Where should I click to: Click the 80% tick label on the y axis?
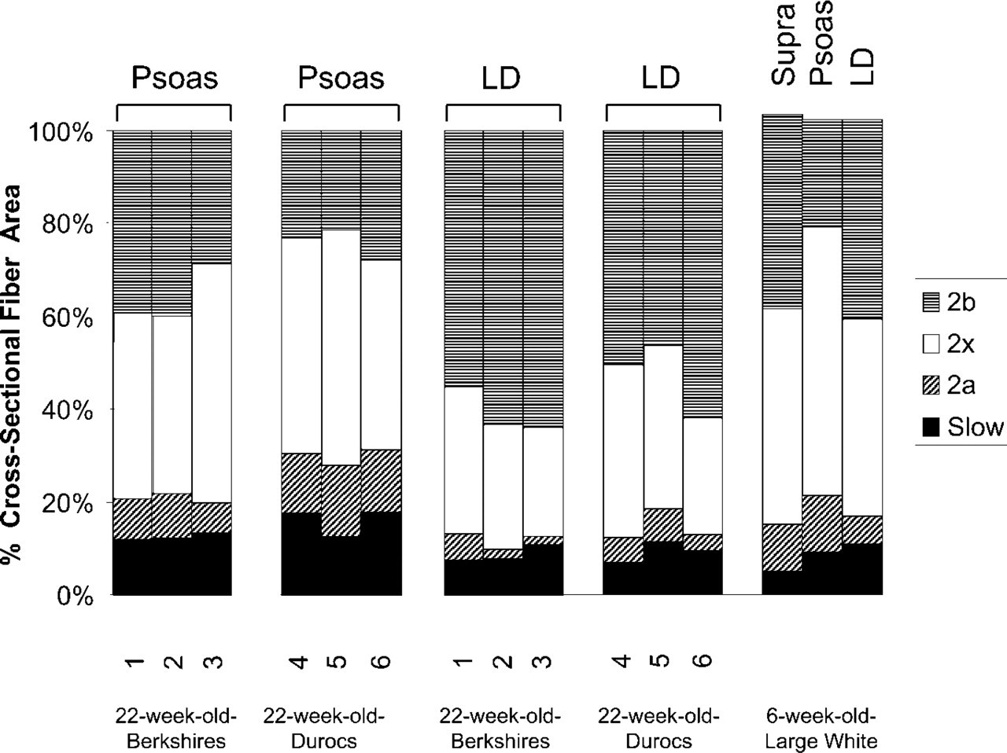point(68,225)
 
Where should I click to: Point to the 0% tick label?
point(75,597)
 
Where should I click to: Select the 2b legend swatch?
point(931,303)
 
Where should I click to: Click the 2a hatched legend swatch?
point(931,386)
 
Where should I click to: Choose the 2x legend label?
point(961,344)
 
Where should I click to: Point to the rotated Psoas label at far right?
point(821,42)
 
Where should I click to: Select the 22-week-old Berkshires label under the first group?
point(176,729)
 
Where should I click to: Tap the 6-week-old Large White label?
point(821,729)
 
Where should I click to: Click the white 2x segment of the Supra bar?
point(782,416)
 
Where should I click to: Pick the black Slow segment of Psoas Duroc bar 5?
point(341,566)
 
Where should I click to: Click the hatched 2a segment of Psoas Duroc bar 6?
point(381,481)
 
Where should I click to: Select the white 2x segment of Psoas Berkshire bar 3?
point(212,383)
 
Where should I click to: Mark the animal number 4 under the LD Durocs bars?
point(622,661)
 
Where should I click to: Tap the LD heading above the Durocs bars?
point(661,79)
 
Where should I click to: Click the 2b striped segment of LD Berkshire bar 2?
point(503,277)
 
